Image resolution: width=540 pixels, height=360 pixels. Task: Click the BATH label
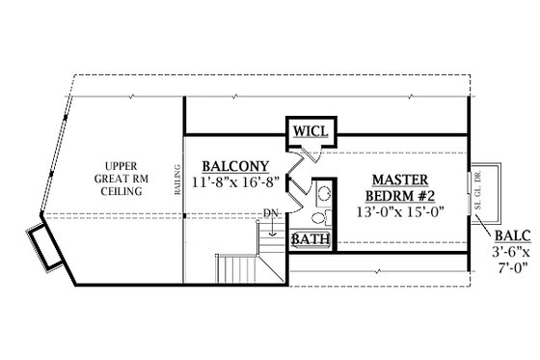click(x=309, y=239)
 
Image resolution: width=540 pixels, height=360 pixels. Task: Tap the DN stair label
click(x=272, y=213)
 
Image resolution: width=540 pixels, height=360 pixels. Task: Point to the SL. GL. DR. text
click(x=478, y=189)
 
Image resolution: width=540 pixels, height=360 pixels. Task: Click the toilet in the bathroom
click(x=323, y=217)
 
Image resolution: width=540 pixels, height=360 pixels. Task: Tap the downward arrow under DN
click(x=273, y=229)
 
